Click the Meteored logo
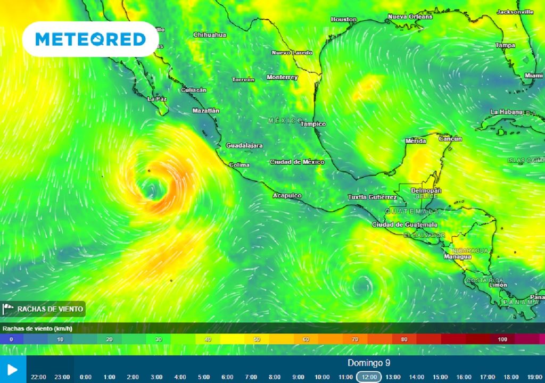[x=90, y=39]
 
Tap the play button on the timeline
[x=13, y=370]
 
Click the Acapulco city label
[x=287, y=196]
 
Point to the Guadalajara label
[x=244, y=145]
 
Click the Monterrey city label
[x=282, y=77]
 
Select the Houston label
[x=343, y=20]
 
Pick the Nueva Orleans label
[x=410, y=16]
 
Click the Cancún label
[x=450, y=139]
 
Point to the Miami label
[x=533, y=76]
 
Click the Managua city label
[x=457, y=257]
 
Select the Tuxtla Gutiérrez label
[x=372, y=197]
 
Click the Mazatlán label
[x=205, y=111]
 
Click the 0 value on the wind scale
[x=11, y=339]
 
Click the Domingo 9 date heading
[x=369, y=363]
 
